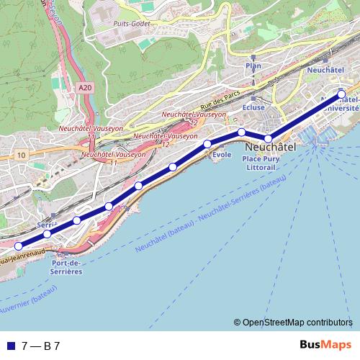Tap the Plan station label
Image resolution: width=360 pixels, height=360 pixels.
click(x=253, y=66)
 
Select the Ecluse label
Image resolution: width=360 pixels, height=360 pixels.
click(x=254, y=106)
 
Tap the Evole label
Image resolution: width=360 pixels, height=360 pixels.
click(x=222, y=154)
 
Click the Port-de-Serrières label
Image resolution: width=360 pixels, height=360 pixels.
click(x=67, y=268)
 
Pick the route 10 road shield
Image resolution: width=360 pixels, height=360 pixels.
click(x=22, y=155)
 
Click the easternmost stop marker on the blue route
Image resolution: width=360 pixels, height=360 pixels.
click(x=341, y=93)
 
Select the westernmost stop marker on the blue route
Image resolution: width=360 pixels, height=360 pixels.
click(x=19, y=246)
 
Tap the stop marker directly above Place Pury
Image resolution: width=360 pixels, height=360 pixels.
click(x=268, y=138)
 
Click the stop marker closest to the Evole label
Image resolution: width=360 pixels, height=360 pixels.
click(x=207, y=144)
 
